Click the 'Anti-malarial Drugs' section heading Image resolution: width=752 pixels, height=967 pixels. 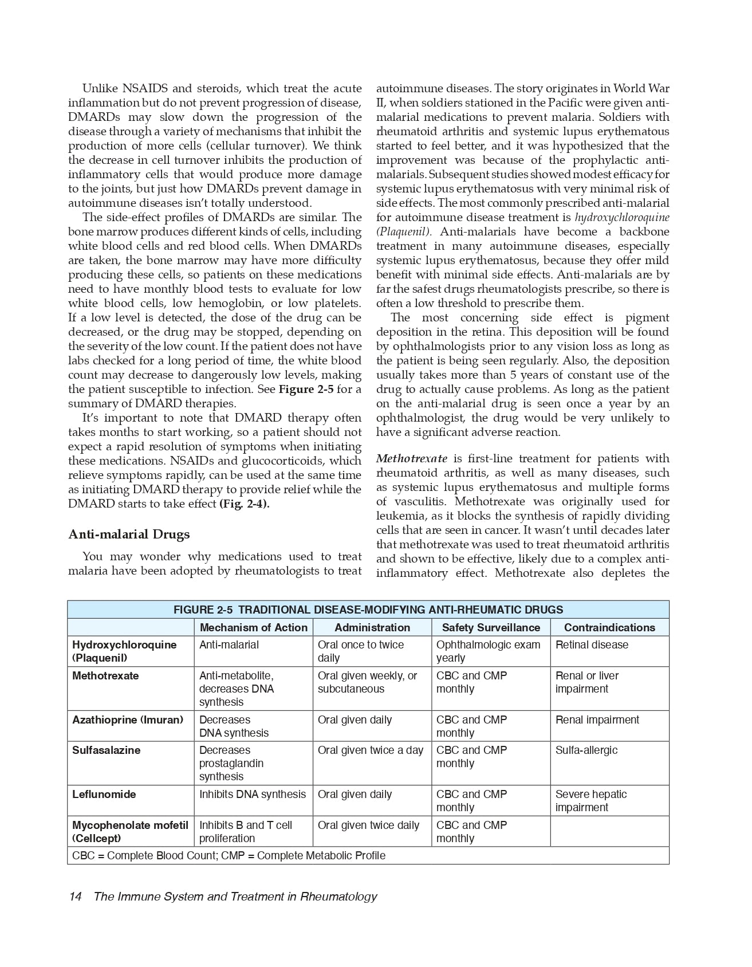click(x=129, y=534)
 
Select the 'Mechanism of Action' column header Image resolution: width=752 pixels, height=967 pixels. click(x=253, y=627)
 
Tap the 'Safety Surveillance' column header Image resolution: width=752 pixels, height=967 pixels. click(x=491, y=627)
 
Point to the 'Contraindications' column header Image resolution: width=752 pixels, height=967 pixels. click(x=609, y=627)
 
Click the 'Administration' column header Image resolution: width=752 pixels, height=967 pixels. click(x=372, y=627)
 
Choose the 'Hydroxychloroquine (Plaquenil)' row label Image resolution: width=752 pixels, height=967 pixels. click(x=124, y=651)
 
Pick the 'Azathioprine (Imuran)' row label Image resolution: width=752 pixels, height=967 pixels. click(x=128, y=720)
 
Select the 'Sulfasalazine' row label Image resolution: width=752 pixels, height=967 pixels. click(x=106, y=750)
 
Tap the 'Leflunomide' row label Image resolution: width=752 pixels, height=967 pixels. click(x=104, y=795)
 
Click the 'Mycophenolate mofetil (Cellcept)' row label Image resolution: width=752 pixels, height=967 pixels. click(x=130, y=832)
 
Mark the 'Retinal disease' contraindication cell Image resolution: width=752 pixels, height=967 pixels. click(x=592, y=645)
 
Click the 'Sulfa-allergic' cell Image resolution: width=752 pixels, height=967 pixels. click(x=586, y=750)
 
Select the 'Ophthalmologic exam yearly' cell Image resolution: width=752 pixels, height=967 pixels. click(x=488, y=651)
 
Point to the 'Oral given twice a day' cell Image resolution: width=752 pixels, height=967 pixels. click(x=371, y=750)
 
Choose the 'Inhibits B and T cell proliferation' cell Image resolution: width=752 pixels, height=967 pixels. click(x=245, y=832)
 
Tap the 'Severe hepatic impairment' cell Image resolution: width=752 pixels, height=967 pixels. click(x=590, y=801)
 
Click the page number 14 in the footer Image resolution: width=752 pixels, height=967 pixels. click(x=75, y=897)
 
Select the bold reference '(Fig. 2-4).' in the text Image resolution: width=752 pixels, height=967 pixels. click(x=245, y=504)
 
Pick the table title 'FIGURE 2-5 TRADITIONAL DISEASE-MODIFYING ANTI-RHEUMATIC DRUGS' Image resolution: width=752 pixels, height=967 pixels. click(x=368, y=610)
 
